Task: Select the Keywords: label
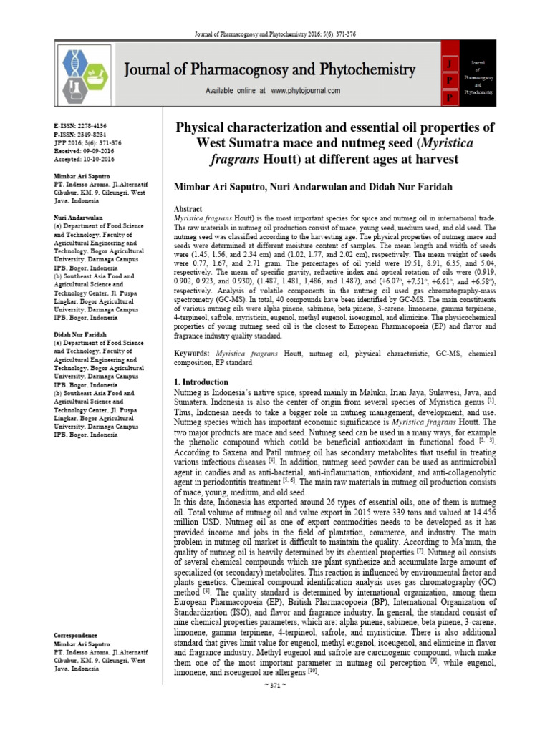click(x=193, y=354)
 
